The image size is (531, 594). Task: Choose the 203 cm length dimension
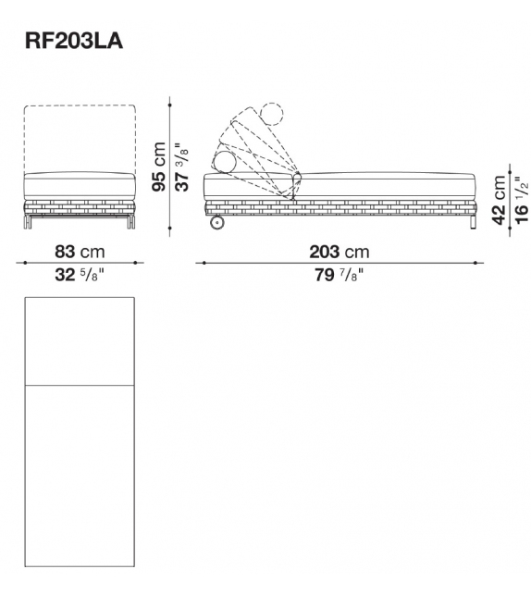click(339, 252)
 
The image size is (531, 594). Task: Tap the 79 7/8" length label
click(339, 274)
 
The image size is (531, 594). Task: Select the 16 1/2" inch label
click(522, 198)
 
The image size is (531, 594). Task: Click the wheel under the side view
click(216, 223)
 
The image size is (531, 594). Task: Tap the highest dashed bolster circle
click(270, 115)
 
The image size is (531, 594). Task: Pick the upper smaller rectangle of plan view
click(79, 340)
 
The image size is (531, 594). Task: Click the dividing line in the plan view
click(79, 383)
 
